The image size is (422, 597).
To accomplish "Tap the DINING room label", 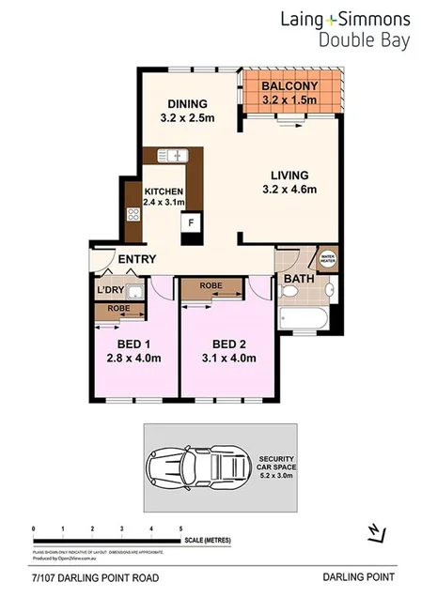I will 193,103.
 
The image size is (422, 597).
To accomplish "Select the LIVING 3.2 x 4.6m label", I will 289,181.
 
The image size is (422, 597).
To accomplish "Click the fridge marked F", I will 192,223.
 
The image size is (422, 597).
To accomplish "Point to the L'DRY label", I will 112,291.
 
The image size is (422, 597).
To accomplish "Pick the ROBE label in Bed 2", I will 211,285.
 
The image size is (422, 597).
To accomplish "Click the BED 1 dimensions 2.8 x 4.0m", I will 134,358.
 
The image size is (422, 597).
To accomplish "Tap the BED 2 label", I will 228,343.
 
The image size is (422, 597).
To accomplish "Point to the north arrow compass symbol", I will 375,532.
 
